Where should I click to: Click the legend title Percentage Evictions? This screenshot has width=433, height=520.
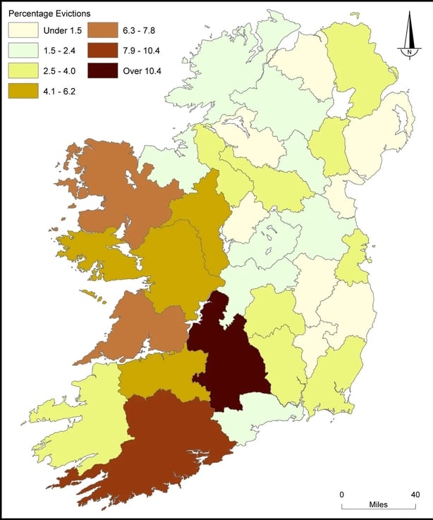coord(49,13)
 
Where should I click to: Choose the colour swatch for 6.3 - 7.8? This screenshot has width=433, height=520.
coord(102,30)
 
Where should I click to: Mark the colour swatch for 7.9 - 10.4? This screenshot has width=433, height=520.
coord(102,51)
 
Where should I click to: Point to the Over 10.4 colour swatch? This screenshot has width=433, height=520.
coord(102,71)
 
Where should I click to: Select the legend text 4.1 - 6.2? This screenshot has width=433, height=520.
coord(59,92)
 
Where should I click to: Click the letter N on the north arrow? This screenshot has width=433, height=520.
coord(408,51)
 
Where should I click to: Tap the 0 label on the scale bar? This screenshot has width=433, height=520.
coord(342,494)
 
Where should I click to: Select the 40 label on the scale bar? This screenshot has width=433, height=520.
coord(416,494)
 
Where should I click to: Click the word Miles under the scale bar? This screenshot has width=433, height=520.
coord(379,506)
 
